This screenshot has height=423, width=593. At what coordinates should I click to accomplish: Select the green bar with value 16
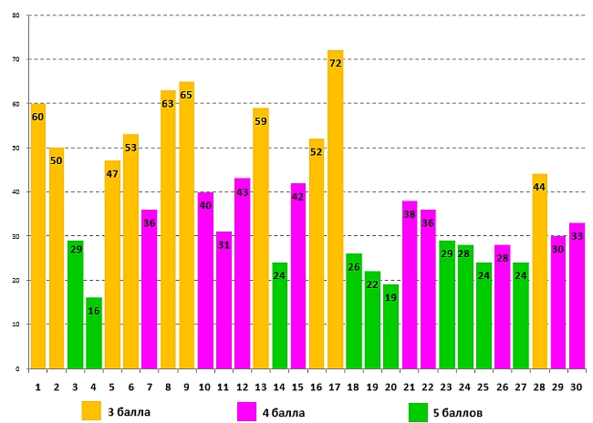(93, 333)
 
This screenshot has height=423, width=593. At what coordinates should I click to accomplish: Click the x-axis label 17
(335, 386)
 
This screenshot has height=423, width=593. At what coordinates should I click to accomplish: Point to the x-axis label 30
(577, 386)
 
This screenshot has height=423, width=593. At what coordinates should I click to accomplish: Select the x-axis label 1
(37, 386)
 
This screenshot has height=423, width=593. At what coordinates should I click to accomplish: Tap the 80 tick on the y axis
(16, 15)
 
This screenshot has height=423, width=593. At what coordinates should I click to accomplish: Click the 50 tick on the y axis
(16, 148)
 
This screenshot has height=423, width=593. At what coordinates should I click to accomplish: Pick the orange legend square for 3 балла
(91, 410)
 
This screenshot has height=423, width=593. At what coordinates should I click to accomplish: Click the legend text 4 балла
(286, 412)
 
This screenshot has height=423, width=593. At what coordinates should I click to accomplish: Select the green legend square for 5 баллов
(419, 410)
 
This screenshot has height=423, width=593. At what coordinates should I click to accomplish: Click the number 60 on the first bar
(37, 117)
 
